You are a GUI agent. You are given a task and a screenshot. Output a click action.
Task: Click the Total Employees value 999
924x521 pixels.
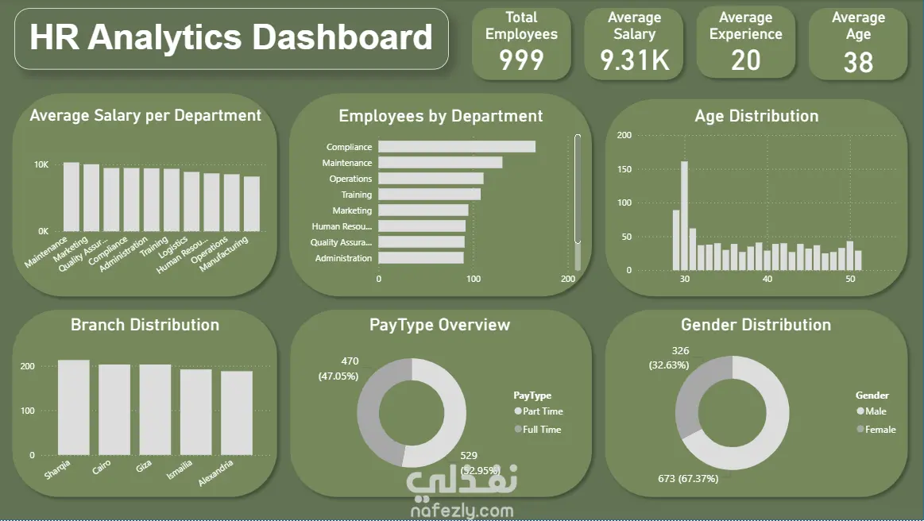click(x=521, y=60)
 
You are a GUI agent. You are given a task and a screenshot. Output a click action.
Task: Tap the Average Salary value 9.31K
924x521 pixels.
click(x=634, y=60)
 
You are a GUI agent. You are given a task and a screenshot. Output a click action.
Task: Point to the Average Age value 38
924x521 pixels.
click(x=858, y=62)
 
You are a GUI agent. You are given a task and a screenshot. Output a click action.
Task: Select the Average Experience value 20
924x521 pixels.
click(x=745, y=60)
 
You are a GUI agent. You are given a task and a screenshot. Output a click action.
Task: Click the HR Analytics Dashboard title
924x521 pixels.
click(x=231, y=38)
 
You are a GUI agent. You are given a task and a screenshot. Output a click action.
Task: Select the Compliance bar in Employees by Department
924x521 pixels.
click(x=456, y=147)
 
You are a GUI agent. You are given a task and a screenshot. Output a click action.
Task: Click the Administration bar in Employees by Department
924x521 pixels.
click(x=420, y=258)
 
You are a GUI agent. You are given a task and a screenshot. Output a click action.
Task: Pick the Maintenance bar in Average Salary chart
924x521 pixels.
click(x=72, y=197)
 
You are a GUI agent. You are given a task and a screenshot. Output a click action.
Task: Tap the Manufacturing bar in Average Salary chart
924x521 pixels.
click(x=252, y=204)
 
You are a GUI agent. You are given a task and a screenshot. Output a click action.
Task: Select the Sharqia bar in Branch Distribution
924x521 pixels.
click(x=74, y=407)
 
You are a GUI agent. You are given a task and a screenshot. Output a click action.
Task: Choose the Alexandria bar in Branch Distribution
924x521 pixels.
click(x=237, y=413)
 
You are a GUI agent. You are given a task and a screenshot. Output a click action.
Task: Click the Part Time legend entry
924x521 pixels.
click(x=542, y=411)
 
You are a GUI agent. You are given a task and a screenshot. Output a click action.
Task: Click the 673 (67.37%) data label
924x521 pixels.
click(x=688, y=479)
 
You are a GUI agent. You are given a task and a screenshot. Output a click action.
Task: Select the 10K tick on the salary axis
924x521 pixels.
click(x=41, y=165)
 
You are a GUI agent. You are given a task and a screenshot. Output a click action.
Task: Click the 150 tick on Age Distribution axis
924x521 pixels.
click(x=624, y=169)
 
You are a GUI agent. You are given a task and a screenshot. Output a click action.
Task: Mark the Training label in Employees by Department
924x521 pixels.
click(x=356, y=195)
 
